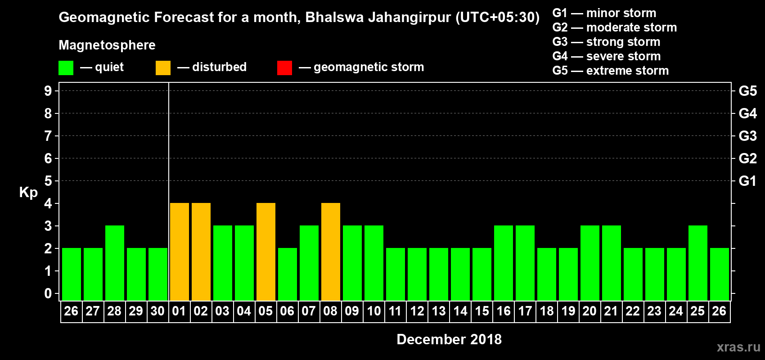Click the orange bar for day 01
[179, 252]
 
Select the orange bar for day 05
[265, 252]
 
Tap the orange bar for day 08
[331, 252]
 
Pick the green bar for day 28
[115, 263]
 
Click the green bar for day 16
[504, 263]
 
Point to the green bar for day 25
[697, 263]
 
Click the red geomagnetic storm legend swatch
[284, 67]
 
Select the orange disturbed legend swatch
[163, 67]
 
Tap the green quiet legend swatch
[66, 67]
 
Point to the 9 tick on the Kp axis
[48, 91]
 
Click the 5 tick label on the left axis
[48, 181]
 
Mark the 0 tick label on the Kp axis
[48, 293]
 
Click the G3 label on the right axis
[747, 136]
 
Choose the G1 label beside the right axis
[747, 181]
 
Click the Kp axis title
[28, 193]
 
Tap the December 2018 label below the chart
[449, 339]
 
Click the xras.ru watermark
[738, 347]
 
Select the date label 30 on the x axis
[157, 311]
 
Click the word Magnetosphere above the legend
[107, 45]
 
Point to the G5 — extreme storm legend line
[611, 71]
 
